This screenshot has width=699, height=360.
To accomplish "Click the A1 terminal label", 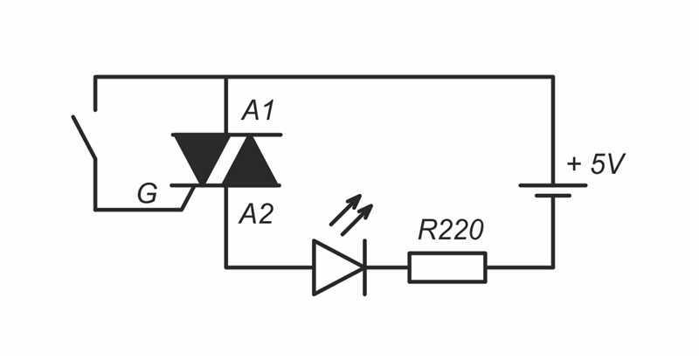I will click(x=259, y=112).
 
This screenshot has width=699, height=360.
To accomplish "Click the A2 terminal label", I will click(x=258, y=214).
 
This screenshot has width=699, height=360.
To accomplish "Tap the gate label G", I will click(x=148, y=194).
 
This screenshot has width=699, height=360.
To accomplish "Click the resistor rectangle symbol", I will click(x=447, y=267).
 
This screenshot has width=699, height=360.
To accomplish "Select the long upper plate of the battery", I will click(x=552, y=185).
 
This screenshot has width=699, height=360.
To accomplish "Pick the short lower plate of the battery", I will click(x=552, y=197).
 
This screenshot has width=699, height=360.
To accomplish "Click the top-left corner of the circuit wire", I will click(x=94, y=77).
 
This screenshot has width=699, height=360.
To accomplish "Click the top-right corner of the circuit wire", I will click(x=552, y=77).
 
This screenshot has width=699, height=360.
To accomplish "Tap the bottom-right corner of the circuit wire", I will click(x=552, y=267).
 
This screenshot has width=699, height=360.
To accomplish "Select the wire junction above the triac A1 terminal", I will click(x=225, y=77).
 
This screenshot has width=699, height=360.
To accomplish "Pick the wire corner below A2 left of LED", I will click(x=225, y=267).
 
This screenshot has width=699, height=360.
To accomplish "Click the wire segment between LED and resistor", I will click(x=387, y=267).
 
